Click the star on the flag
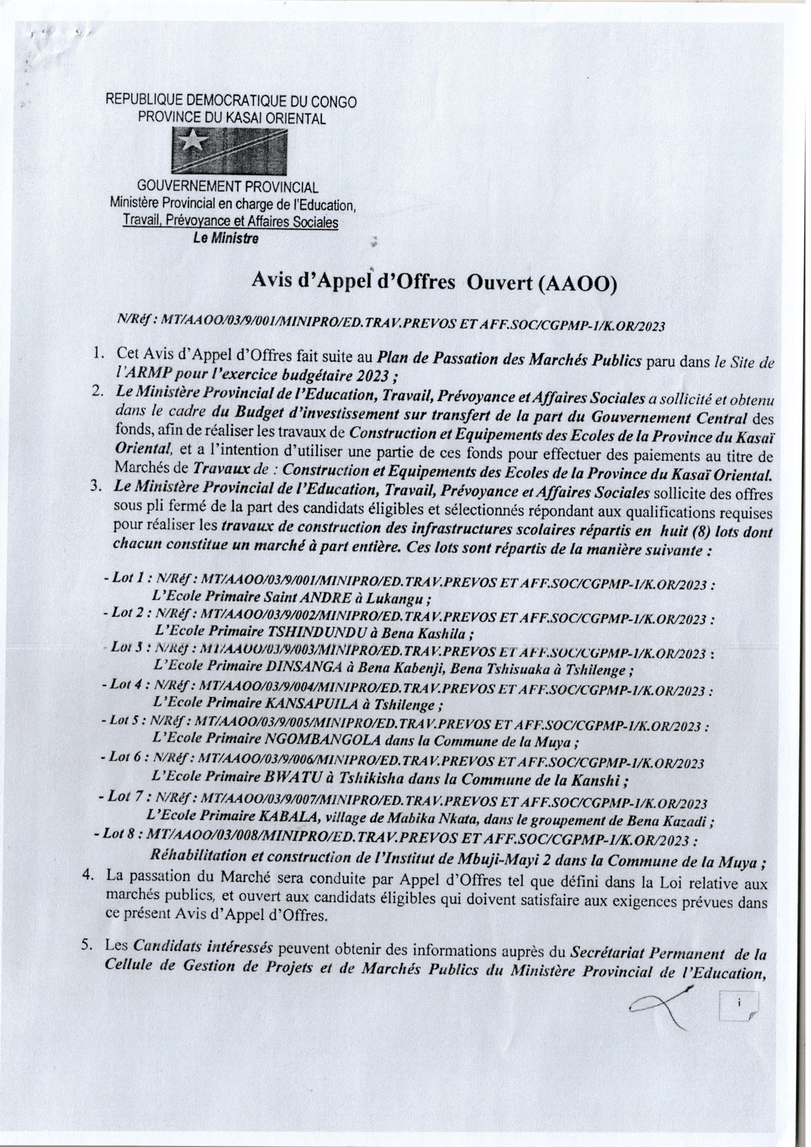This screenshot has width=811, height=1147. (191, 142)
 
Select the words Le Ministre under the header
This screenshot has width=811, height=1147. (226, 239)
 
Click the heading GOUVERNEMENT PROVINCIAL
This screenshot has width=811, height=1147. (228, 188)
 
